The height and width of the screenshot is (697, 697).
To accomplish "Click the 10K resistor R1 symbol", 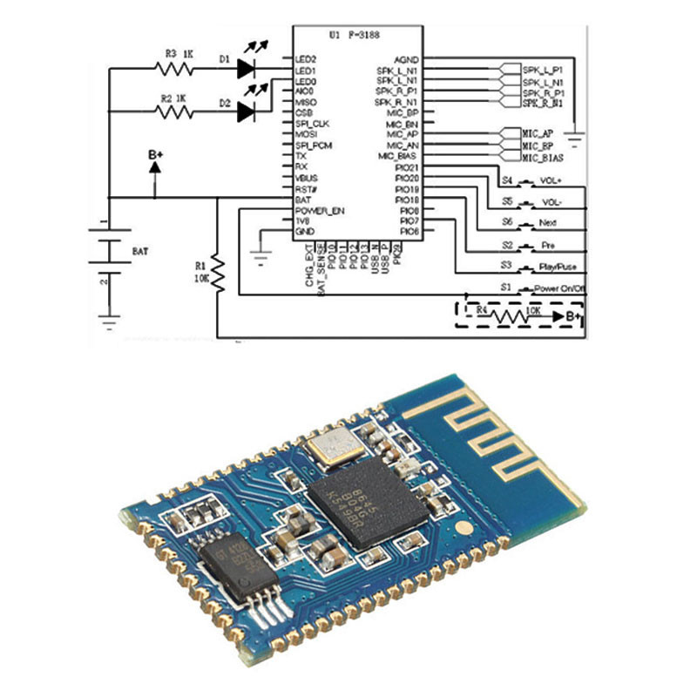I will (219, 275).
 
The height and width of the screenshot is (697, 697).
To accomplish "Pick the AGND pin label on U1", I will (407, 59).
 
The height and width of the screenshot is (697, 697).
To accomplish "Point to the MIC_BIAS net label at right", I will (542, 159).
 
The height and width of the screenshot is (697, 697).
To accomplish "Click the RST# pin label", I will (305, 189).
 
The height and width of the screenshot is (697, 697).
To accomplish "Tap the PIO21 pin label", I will (408, 167).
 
